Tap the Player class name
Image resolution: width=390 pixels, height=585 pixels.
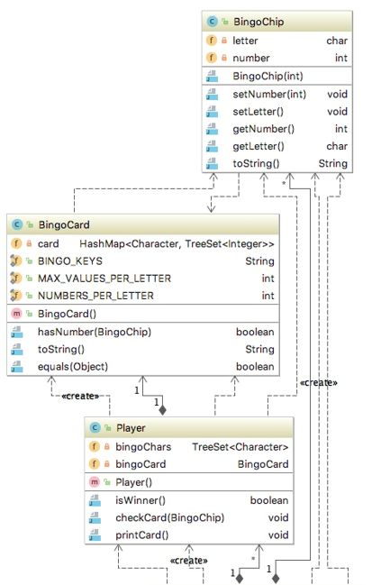pyautogui.click(x=132, y=428)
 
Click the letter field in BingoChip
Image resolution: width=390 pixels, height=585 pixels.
pyautogui.click(x=245, y=41)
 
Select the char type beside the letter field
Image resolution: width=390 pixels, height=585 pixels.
pyautogui.click(x=337, y=41)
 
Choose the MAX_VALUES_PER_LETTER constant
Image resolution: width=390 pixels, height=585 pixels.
pyautogui.click(x=104, y=279)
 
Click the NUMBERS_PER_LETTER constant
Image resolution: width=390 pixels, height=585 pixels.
pyautogui.click(x=95, y=296)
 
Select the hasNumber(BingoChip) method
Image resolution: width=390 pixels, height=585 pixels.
pyautogui.click(x=95, y=332)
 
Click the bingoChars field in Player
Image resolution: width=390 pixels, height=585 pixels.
pyautogui.click(x=142, y=447)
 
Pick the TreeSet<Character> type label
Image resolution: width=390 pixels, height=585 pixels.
pyautogui.click(x=240, y=447)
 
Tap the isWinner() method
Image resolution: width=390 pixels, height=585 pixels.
pyautogui.click(x=147, y=500)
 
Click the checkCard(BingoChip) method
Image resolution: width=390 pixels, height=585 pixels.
pyautogui.click(x=169, y=517)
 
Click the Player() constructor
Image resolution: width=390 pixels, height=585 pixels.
pyautogui.click(x=135, y=482)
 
